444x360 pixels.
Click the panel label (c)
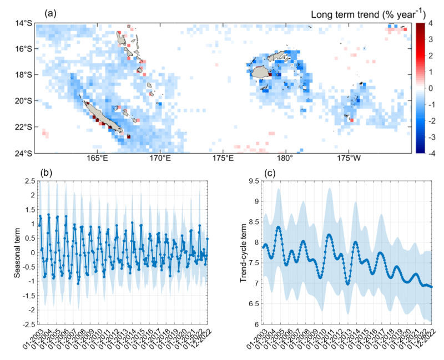[x=270, y=173]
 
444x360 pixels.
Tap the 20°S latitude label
[x=24, y=101]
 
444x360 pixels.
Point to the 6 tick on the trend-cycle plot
[x=256, y=324]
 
